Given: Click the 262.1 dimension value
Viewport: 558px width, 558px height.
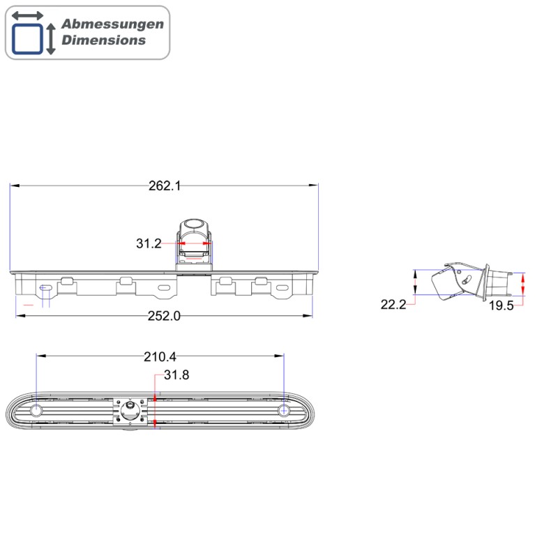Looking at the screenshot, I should tap(165, 186).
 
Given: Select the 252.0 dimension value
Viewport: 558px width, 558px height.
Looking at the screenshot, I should tap(165, 315).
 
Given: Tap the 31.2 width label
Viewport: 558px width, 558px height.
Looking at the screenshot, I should tap(149, 243).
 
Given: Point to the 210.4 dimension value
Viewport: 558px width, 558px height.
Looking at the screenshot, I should tap(160, 356).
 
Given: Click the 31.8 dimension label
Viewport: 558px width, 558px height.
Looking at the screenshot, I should tap(176, 375).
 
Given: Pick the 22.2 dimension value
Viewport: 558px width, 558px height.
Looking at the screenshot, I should tap(393, 304).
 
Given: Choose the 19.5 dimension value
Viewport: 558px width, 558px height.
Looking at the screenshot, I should tap(501, 305).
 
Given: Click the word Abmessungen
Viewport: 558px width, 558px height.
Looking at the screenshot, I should tap(112, 24).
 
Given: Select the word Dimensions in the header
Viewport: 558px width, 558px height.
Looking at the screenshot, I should tap(104, 40).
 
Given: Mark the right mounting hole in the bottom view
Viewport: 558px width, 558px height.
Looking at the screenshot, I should tap(283, 410).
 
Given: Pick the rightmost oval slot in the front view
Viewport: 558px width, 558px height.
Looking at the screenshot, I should tap(285, 287).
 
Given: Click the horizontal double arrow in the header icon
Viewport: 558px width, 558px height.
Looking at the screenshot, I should tap(27, 15).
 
